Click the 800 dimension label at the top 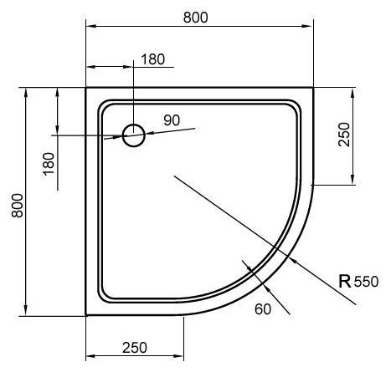point(193,17)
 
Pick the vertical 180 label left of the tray point(49,161)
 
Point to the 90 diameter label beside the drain point(172,120)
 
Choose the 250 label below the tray point(134,346)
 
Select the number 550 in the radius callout point(366,282)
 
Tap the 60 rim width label point(263,310)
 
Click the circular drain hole point(134,135)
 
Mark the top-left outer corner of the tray point(87,86)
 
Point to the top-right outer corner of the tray point(312,86)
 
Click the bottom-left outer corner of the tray point(87,315)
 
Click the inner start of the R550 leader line point(173,175)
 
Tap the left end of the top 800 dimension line point(87,28)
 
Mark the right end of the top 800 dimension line point(312,28)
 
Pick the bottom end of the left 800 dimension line point(28,315)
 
